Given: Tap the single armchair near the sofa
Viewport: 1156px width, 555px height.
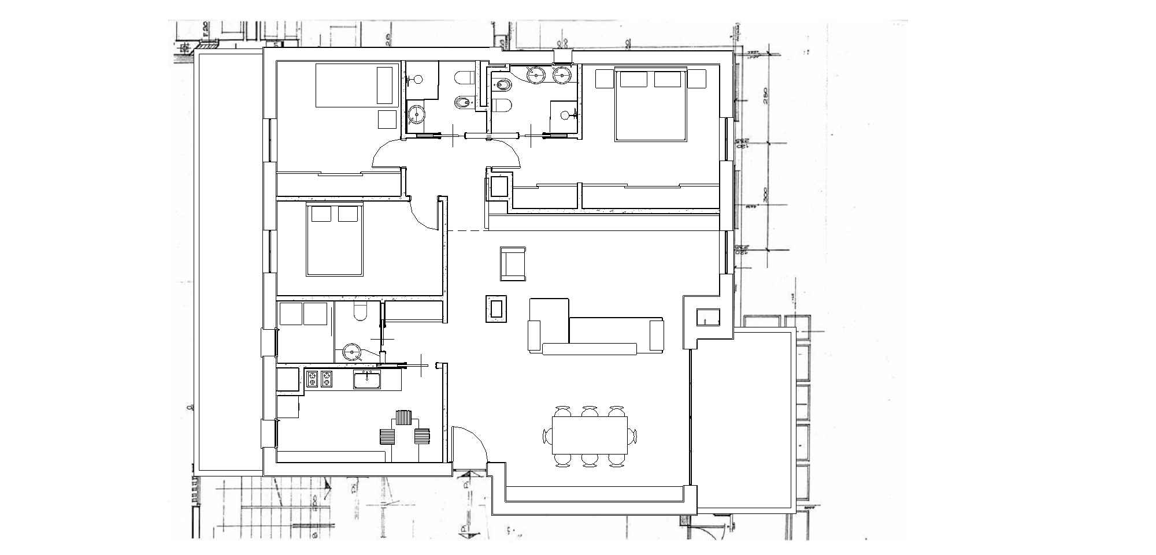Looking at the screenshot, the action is (513, 264).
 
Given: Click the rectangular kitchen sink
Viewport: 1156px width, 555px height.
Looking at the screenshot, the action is (367, 380).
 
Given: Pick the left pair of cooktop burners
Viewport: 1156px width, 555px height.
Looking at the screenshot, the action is (312, 379).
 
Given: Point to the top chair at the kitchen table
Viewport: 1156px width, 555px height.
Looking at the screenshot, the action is (403, 417).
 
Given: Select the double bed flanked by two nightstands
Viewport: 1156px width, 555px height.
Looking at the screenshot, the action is (651, 104).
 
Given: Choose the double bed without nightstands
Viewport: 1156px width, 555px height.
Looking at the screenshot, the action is (335, 240).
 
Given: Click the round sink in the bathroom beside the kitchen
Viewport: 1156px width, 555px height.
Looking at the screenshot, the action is (351, 351).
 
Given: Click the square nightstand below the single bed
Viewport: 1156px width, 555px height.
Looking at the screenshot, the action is (387, 119).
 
